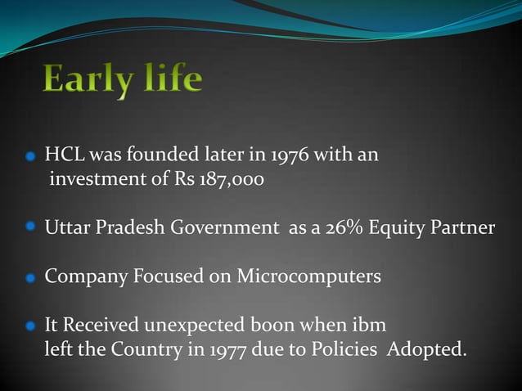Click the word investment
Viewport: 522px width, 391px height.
click(x=97, y=179)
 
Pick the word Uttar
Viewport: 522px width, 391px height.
click(x=67, y=227)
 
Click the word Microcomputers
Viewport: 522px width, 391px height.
click(x=309, y=276)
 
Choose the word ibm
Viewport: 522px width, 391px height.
click(x=371, y=325)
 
